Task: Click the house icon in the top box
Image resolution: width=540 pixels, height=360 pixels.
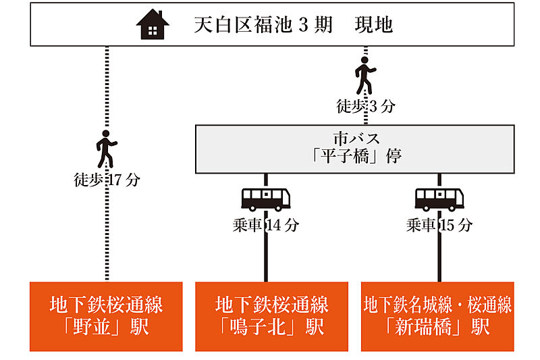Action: pos(153,25)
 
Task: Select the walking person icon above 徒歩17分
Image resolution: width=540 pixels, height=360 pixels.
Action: pos(106,149)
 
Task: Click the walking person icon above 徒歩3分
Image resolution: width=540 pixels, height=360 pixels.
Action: pos(365,75)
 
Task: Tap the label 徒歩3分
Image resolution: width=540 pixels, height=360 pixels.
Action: pos(365,106)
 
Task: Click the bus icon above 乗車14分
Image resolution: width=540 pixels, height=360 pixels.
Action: pos(266,199)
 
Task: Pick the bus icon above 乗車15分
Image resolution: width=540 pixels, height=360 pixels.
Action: pos(439,199)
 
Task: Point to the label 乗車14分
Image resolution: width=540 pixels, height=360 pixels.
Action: pos(266,226)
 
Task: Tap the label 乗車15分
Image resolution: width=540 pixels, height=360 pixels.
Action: pos(439,226)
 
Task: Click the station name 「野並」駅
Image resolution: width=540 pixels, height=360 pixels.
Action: pos(107,328)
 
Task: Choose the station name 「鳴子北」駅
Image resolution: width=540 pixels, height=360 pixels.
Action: pos(272,328)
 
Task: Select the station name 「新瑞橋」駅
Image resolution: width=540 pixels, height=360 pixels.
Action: pos(437,328)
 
